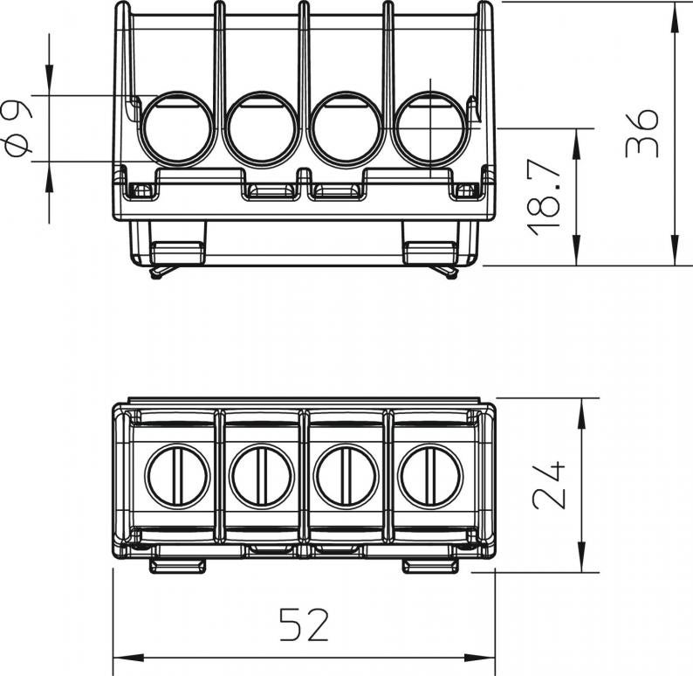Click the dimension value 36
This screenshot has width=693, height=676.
[x=642, y=133]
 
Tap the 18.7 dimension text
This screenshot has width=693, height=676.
[x=544, y=197]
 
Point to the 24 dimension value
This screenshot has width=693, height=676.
[x=548, y=485]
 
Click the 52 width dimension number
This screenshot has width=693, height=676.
[x=305, y=624]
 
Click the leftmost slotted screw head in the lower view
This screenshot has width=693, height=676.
[x=177, y=476]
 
